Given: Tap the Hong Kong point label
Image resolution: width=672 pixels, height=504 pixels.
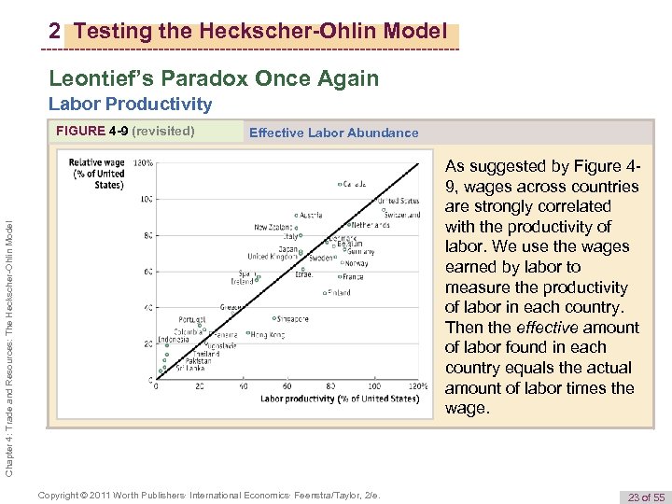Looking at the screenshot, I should (x=266, y=334).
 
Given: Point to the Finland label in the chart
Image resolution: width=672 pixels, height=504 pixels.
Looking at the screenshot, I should (x=339, y=292).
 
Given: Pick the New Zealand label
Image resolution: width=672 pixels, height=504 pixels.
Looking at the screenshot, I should (x=274, y=227).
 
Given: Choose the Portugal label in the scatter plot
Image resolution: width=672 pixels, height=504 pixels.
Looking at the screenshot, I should (x=191, y=318).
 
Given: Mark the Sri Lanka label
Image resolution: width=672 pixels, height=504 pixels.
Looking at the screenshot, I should (x=190, y=369).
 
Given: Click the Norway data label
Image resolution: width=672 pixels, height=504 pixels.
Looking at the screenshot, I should (x=357, y=263).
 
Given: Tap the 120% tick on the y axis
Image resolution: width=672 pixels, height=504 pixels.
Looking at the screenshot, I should (x=144, y=161).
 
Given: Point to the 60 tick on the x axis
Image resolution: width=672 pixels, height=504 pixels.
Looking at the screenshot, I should (x=287, y=385).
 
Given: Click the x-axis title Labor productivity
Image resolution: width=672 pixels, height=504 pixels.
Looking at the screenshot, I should (x=339, y=399).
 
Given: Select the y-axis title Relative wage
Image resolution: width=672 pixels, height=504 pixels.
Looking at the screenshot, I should (x=96, y=173).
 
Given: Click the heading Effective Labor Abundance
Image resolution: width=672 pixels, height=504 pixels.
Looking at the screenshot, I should (x=333, y=133).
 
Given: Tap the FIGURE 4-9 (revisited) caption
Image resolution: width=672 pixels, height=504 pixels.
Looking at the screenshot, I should (x=125, y=131).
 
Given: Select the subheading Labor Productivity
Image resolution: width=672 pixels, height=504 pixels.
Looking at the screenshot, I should (x=130, y=104).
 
